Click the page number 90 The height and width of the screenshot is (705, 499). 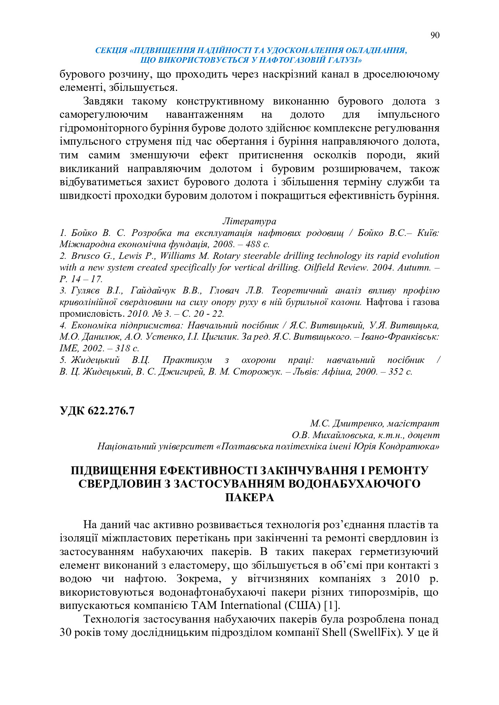pos(435,35)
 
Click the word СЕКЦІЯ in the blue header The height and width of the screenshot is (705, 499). pos(111,51)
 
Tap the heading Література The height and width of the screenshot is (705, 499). pos(249,221)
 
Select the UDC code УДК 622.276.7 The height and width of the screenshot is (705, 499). pos(97,410)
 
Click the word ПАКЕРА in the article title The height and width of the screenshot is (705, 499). pos(249,498)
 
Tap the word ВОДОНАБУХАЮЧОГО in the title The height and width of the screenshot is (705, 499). pos(355,484)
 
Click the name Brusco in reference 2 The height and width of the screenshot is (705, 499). pos(87,256)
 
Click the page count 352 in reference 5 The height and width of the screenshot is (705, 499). pos(396,372)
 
